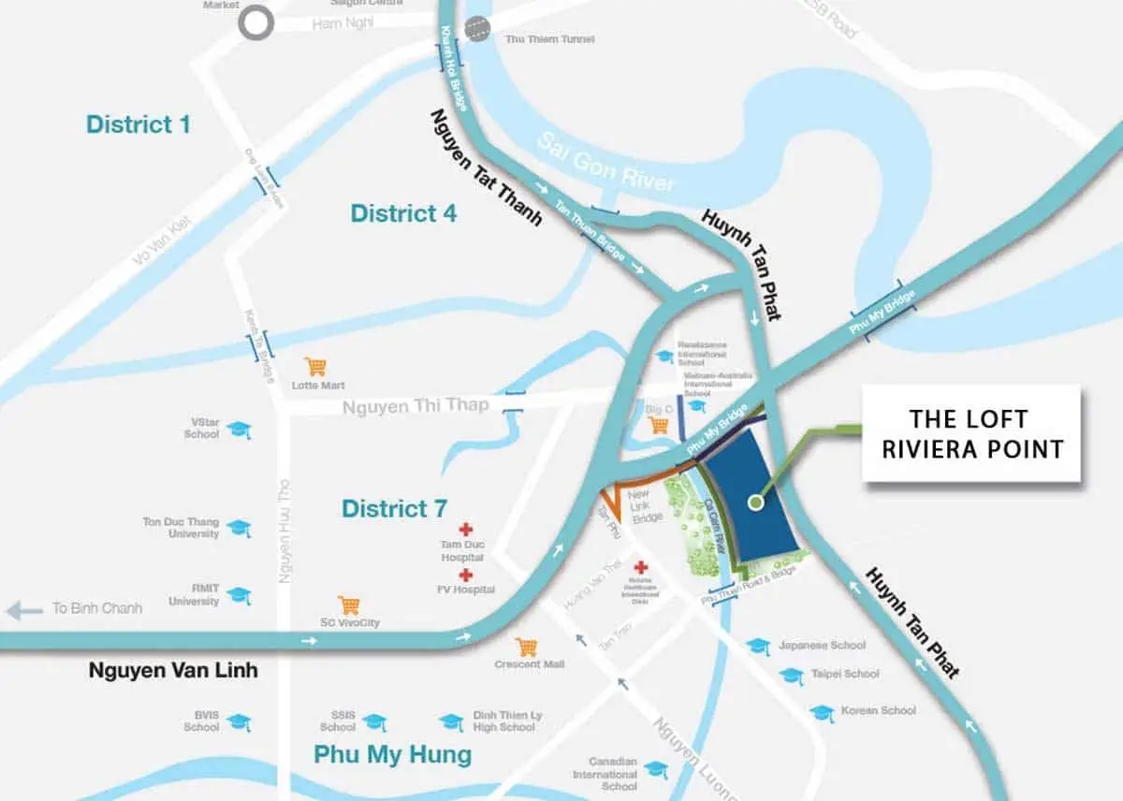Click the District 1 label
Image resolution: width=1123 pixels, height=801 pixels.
tap(138, 124)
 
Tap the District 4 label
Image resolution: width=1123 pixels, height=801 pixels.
tap(403, 213)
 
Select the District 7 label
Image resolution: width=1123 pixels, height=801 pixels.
tap(394, 509)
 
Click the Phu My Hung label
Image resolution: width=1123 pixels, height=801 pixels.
tap(392, 754)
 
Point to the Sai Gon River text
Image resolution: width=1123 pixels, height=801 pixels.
tap(605, 162)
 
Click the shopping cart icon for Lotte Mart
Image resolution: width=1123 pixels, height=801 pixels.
tap(314, 367)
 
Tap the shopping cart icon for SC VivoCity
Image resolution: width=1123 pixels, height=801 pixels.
tap(348, 604)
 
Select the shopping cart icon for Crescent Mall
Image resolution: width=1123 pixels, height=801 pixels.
tap(527, 647)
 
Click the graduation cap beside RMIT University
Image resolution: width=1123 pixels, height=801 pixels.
tap(239, 596)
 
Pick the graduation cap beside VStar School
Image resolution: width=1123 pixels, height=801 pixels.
tap(240, 430)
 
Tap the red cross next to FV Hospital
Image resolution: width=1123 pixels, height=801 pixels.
tap(465, 575)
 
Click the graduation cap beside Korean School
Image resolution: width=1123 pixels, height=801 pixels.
tap(822, 712)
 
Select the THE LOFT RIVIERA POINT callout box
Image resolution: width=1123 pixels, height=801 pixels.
tap(971, 433)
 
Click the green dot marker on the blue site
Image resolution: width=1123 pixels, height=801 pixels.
tap(755, 502)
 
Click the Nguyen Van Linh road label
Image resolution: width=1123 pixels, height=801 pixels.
tap(172, 671)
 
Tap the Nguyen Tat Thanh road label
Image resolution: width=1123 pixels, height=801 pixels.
tap(486, 168)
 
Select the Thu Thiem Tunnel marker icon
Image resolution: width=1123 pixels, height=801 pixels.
tap(477, 29)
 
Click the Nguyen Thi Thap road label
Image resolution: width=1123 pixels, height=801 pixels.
tap(416, 406)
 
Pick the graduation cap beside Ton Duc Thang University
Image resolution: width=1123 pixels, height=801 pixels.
tap(239, 529)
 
